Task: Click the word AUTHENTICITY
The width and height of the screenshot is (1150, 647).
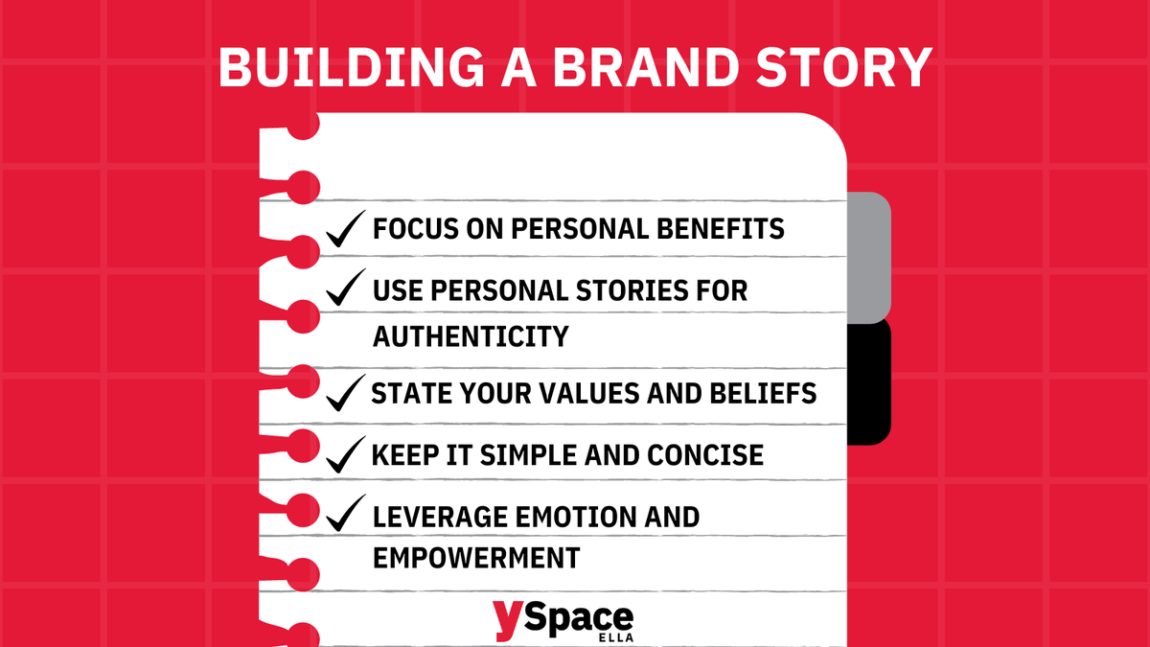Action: [x=471, y=336]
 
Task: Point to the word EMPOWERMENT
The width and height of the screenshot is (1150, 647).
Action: [x=476, y=557]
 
